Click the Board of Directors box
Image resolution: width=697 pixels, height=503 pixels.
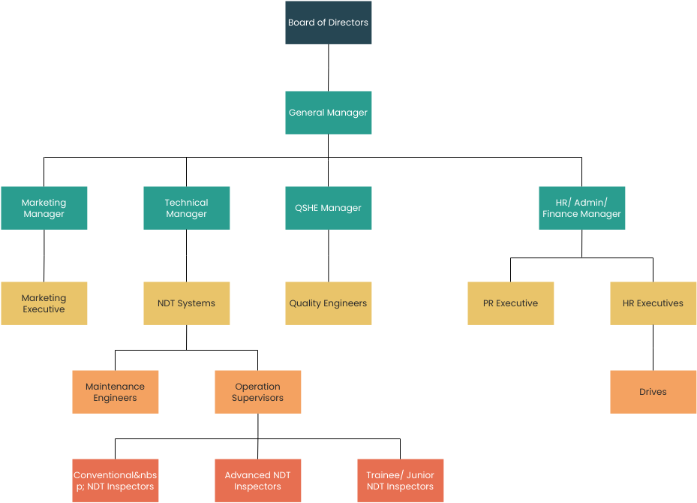328,23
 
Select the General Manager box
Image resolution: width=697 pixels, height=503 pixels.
328,113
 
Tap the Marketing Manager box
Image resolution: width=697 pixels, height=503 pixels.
44,208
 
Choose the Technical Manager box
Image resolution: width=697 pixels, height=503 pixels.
186,208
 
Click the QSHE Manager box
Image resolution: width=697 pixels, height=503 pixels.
328,208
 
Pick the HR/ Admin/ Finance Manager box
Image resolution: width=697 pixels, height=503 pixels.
581,208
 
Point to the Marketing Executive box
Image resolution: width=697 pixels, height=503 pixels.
44,303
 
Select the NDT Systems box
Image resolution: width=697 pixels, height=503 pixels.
186,303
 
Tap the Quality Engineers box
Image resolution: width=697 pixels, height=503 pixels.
328,303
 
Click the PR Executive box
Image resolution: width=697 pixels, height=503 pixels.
510,303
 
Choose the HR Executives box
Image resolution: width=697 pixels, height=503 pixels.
653,303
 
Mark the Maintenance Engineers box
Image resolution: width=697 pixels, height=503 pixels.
115,392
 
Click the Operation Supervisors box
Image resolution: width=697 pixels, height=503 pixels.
257,392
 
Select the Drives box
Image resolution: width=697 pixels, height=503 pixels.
653,392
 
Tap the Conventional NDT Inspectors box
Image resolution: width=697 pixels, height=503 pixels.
115,480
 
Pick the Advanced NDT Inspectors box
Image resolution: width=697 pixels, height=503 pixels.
257,480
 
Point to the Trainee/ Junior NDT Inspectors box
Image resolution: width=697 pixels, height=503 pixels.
400,480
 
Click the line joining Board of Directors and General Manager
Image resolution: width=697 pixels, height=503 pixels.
328,68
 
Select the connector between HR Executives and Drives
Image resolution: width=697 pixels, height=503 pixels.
653,348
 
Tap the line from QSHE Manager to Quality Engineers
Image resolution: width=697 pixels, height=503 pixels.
328,255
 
